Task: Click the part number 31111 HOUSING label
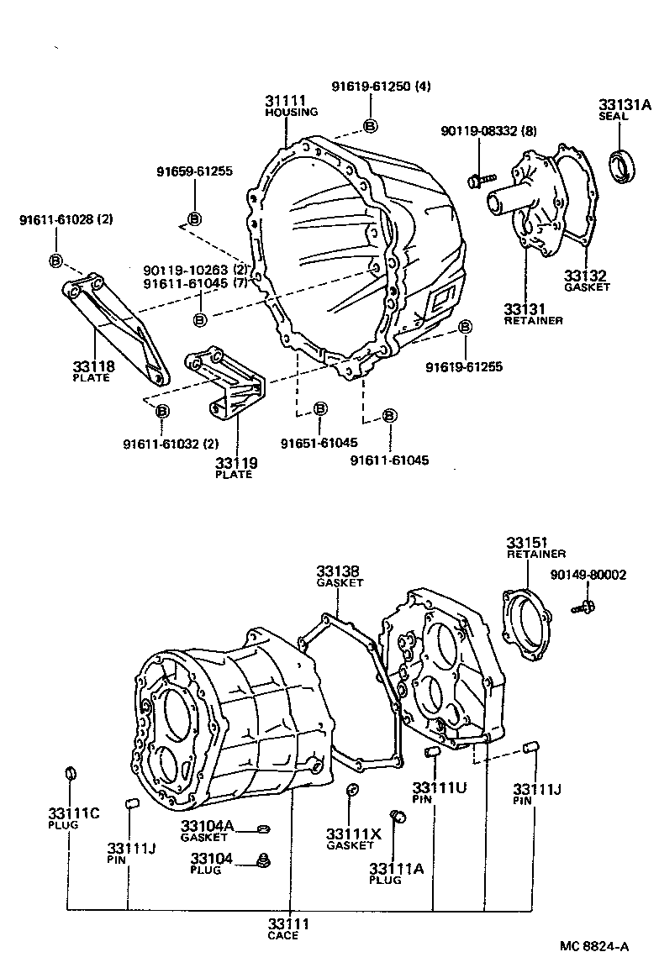(x=291, y=106)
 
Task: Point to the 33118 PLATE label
(x=92, y=371)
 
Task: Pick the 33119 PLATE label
(x=235, y=467)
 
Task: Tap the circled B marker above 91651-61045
(x=320, y=409)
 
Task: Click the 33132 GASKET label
(x=587, y=280)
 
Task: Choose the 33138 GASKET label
(x=339, y=575)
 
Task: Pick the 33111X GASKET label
(x=353, y=838)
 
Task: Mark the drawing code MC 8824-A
(x=594, y=947)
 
